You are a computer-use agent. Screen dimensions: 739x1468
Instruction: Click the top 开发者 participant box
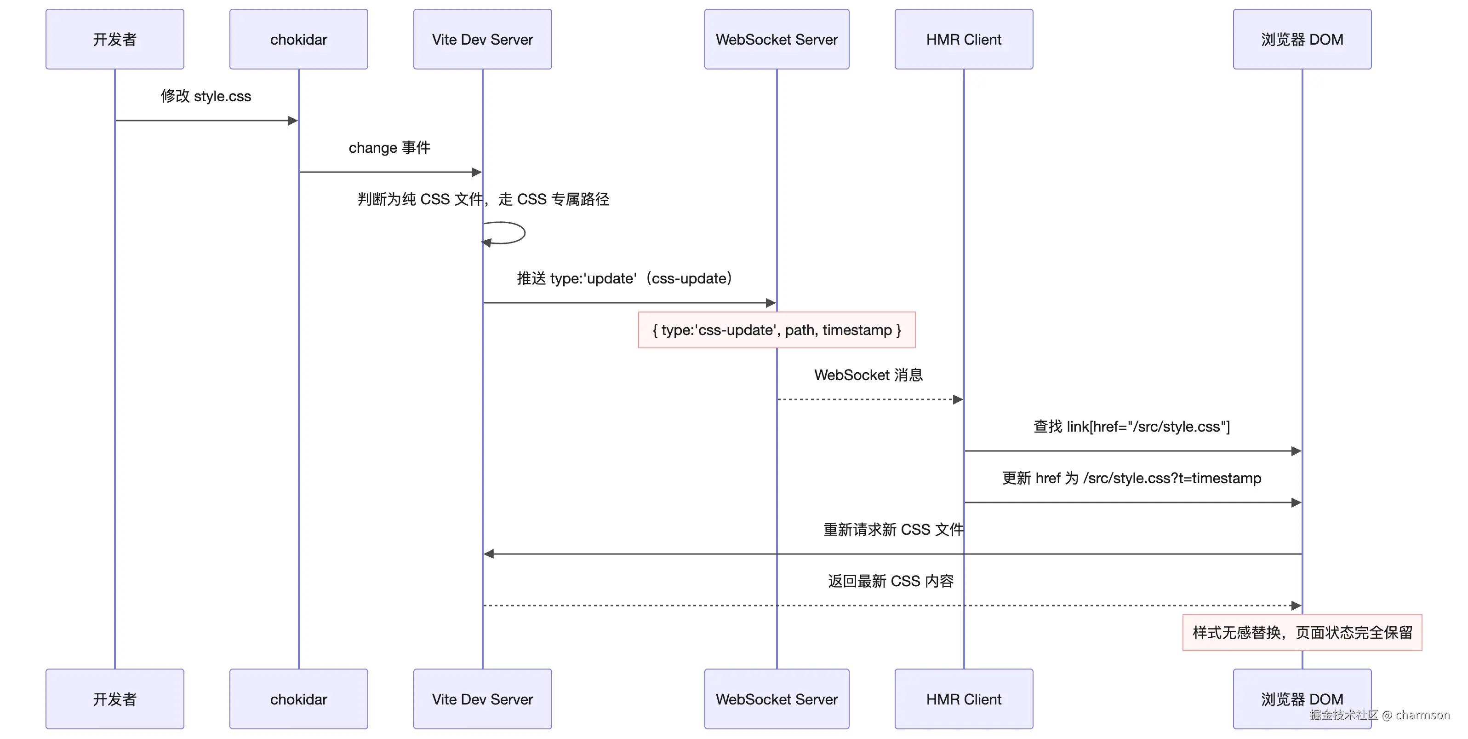coord(114,40)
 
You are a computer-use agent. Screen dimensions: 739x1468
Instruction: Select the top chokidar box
coord(299,40)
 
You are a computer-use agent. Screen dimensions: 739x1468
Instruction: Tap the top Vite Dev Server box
coord(482,40)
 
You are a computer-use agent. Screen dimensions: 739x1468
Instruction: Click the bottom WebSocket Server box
coord(776,699)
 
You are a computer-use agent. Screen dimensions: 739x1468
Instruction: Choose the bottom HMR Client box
coord(964,699)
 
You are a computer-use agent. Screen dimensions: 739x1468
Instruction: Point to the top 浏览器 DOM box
coord(1302,40)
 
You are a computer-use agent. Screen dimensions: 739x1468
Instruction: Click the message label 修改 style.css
coord(206,96)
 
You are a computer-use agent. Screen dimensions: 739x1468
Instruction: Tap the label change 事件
coord(389,148)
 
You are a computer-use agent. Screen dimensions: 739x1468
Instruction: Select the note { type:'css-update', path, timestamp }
coord(776,330)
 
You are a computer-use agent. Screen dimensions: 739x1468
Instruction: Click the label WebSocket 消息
coord(868,375)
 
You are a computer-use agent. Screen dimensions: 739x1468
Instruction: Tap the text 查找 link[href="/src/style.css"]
coord(1132,427)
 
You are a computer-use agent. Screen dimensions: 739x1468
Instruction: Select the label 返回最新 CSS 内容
coord(891,581)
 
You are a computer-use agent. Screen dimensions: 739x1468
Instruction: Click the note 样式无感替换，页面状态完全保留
coord(1302,632)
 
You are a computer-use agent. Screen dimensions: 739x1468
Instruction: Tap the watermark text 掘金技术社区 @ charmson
coord(1379,715)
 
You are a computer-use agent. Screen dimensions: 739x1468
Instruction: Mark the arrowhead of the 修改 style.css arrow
coord(293,120)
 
